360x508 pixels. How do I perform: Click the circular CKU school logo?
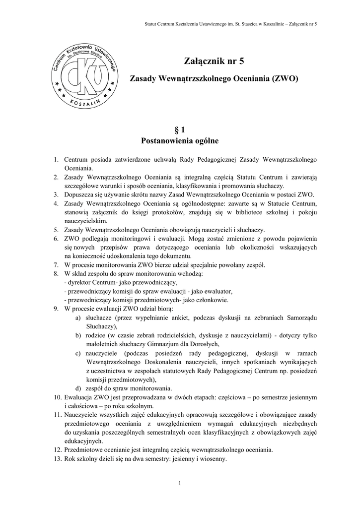(x=82, y=76)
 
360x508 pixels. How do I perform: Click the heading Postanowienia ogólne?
(x=180, y=141)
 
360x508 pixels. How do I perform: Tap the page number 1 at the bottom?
(x=180, y=483)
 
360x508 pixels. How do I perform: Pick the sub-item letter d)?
(x=78, y=388)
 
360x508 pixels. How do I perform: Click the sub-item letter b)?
(x=78, y=336)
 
